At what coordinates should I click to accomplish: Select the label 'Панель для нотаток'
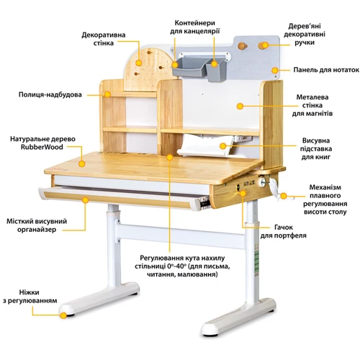coord(323,70)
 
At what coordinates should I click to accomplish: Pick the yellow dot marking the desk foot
coord(63,314)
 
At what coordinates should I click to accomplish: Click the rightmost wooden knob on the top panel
coord(265,46)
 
